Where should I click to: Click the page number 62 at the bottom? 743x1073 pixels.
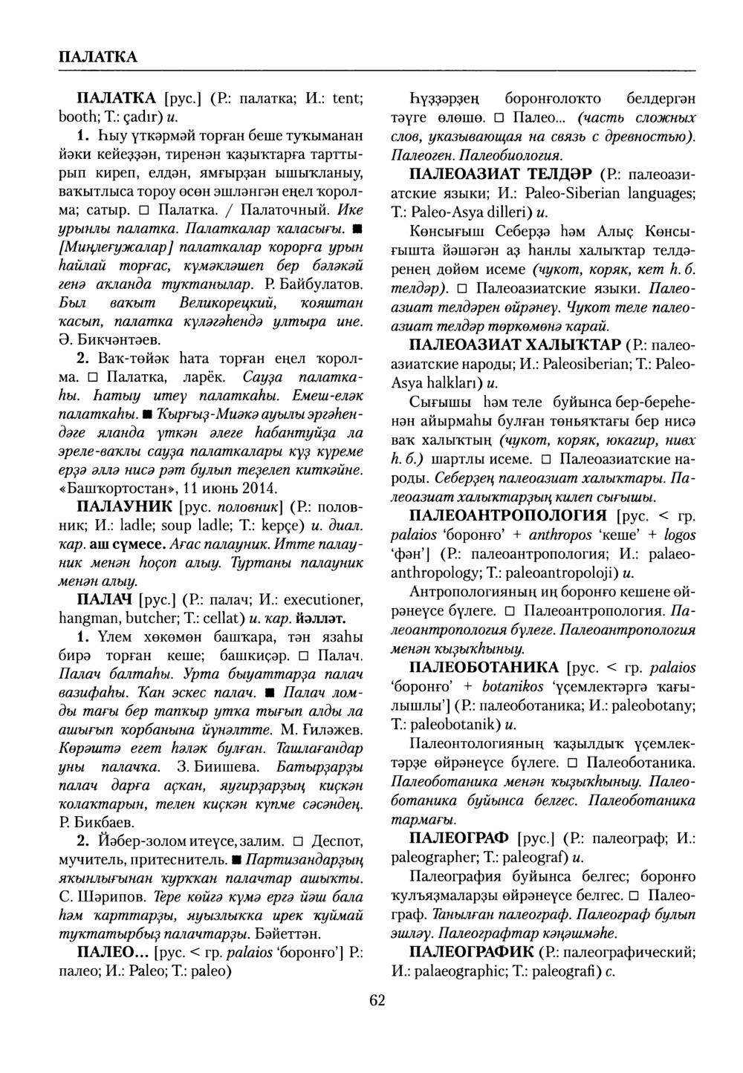[377, 999]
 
